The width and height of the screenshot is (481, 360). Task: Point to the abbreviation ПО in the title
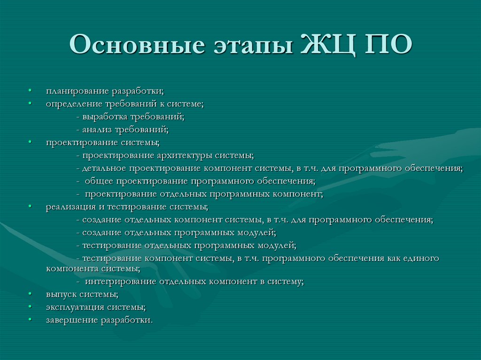pyautogui.click(x=388, y=46)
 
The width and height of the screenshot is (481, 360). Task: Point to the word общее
pyautogui.click(x=100, y=181)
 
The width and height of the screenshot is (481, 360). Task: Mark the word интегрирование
pyautogui.click(x=121, y=282)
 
